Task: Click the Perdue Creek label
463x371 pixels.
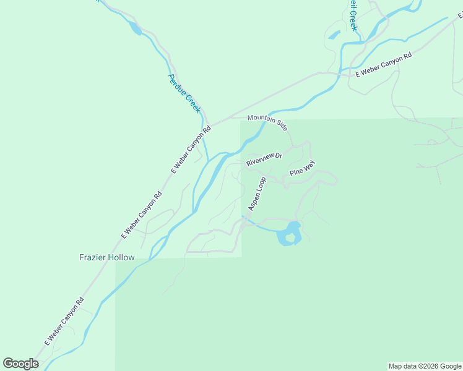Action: click(x=184, y=93)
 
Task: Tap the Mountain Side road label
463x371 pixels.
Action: click(x=267, y=122)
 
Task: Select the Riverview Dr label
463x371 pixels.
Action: click(x=264, y=160)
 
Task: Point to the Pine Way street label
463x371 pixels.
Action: click(x=302, y=169)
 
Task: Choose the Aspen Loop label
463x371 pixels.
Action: click(x=257, y=194)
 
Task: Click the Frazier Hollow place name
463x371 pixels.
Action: click(x=106, y=257)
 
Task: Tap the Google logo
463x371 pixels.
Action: click(x=20, y=364)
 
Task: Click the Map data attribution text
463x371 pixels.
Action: click(x=425, y=366)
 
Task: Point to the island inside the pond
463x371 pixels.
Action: click(x=290, y=237)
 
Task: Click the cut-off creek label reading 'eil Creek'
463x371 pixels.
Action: click(x=351, y=15)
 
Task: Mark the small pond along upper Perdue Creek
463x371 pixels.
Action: click(x=135, y=28)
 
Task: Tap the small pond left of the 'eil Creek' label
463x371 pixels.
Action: click(x=334, y=35)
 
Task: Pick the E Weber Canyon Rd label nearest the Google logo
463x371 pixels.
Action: click(x=64, y=323)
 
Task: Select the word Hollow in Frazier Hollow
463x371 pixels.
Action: click(x=121, y=257)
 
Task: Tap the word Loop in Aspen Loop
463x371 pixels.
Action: click(x=261, y=185)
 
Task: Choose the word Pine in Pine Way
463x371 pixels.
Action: click(x=296, y=172)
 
